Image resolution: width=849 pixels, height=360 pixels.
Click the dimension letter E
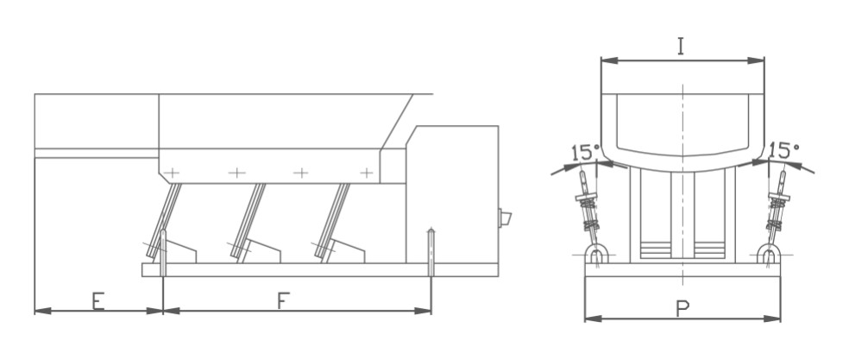(x=98, y=300)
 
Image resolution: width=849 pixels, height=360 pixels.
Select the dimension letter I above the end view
(x=681, y=46)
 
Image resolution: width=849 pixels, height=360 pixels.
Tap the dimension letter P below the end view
(x=682, y=308)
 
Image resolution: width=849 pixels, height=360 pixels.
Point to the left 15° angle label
(x=583, y=152)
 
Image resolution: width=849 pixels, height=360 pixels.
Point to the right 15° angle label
(x=783, y=149)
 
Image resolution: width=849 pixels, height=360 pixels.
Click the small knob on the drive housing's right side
(x=506, y=218)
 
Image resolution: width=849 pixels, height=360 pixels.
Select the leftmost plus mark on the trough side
(x=172, y=173)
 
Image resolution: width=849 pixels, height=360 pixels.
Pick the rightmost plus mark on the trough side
(x=367, y=173)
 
